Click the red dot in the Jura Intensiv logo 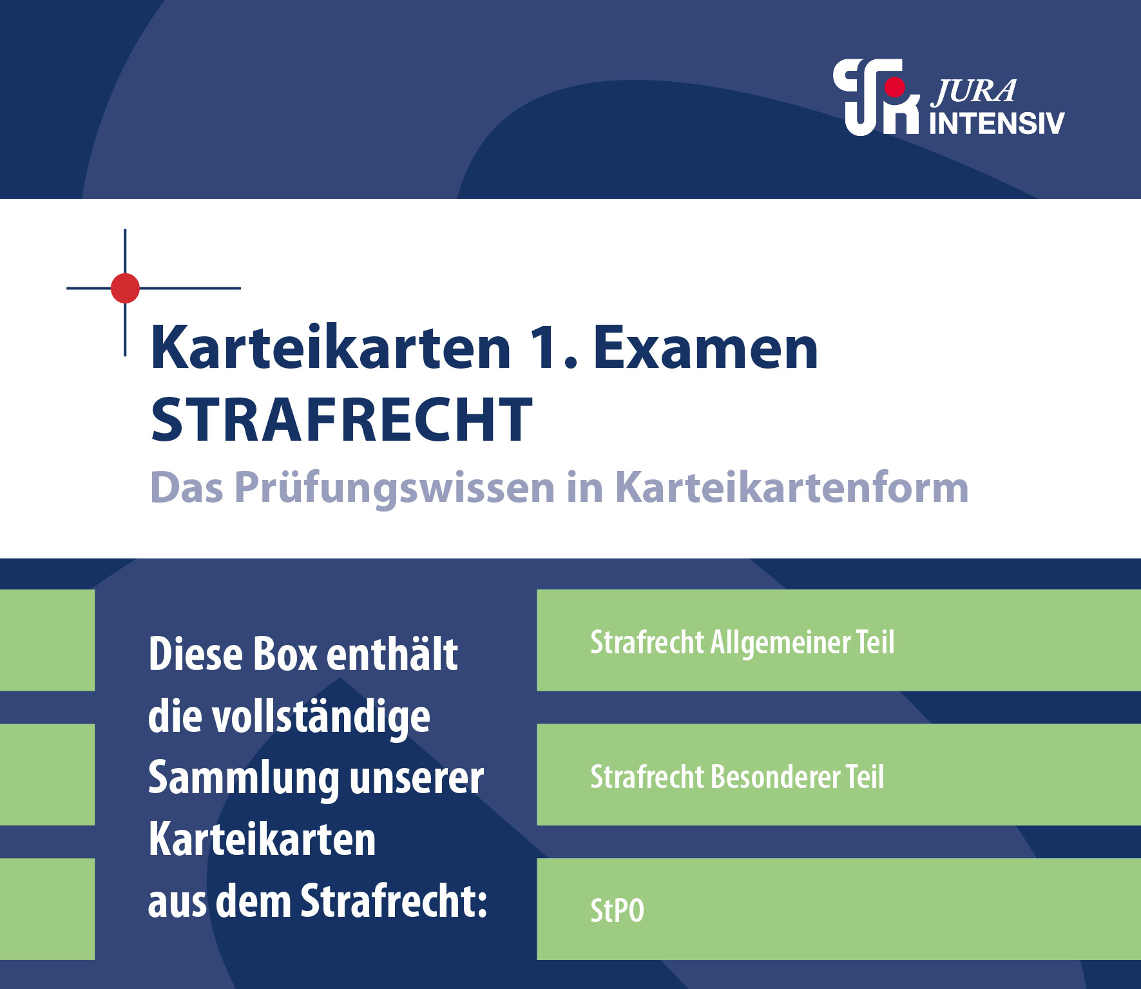pyautogui.click(x=895, y=87)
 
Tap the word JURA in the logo pyautogui.click(x=974, y=92)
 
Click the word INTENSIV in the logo pyautogui.click(x=996, y=123)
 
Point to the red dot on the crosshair pyautogui.click(x=125, y=288)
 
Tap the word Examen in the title pyautogui.click(x=705, y=348)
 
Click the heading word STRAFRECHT pyautogui.click(x=341, y=419)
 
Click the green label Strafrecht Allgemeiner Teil pyautogui.click(x=742, y=642)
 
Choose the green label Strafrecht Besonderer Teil pyautogui.click(x=737, y=776)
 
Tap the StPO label pyautogui.click(x=617, y=910)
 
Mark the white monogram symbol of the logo pyautogui.click(x=876, y=97)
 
